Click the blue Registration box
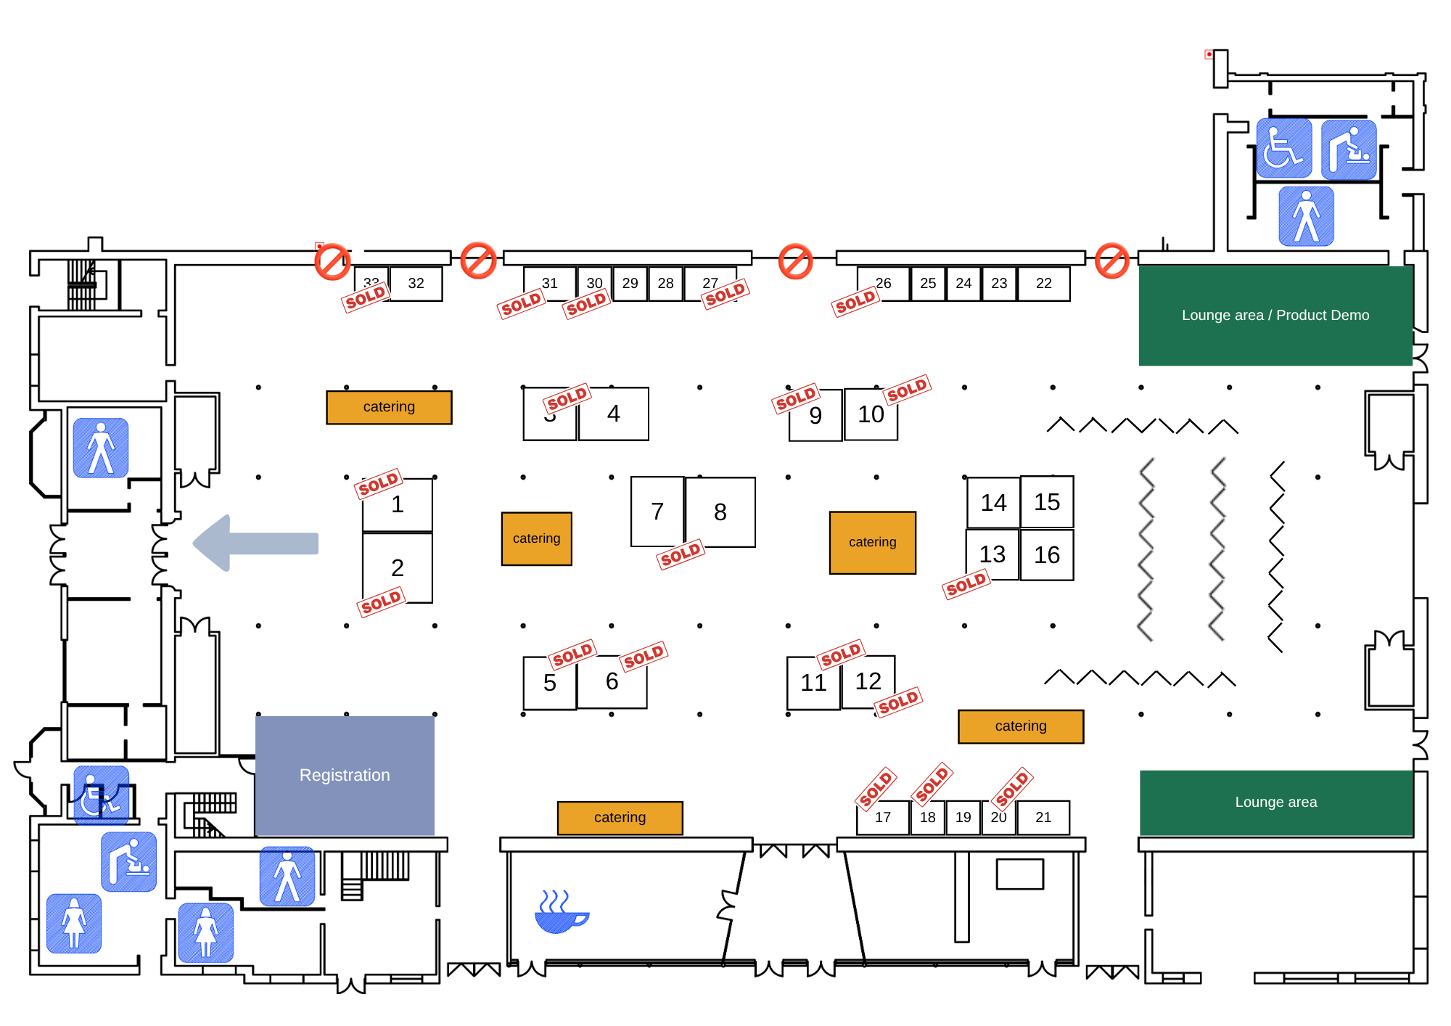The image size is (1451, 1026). pyautogui.click(x=345, y=775)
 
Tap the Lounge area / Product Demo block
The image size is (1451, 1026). pyautogui.click(x=1275, y=316)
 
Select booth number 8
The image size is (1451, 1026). pyautogui.click(x=720, y=512)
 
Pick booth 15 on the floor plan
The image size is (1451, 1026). pyautogui.click(x=1047, y=502)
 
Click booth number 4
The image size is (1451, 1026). pyautogui.click(x=614, y=414)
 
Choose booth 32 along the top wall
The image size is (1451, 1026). pyautogui.click(x=416, y=284)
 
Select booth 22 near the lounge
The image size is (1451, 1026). pyautogui.click(x=1043, y=284)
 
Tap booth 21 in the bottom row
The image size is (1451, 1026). pyautogui.click(x=1043, y=817)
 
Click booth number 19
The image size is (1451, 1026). pyautogui.click(x=963, y=817)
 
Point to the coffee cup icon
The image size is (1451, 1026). pyautogui.click(x=560, y=913)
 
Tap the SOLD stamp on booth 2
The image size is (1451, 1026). pyautogui.click(x=381, y=602)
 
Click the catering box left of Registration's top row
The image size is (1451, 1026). pyautogui.click(x=389, y=407)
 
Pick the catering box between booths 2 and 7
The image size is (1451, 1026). pyautogui.click(x=536, y=538)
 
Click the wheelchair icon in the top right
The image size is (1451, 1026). pyautogui.click(x=1283, y=149)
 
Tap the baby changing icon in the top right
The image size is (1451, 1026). pyautogui.click(x=1348, y=149)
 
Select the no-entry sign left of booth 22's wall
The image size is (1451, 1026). pyautogui.click(x=1111, y=261)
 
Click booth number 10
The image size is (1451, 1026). pyautogui.click(x=871, y=414)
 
